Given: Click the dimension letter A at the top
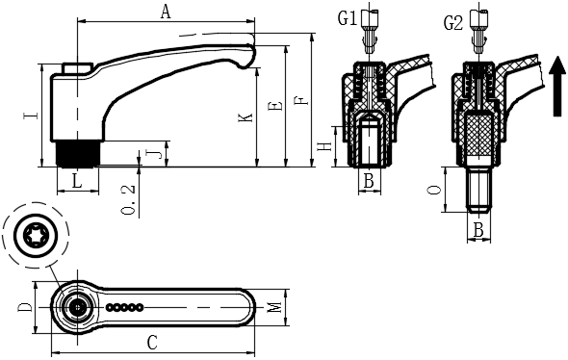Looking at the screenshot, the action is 166,12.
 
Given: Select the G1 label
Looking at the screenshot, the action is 348,18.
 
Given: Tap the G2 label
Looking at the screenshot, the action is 453,23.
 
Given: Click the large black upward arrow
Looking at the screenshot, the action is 557,87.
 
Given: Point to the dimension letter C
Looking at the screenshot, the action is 152,343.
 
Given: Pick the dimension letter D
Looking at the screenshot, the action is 25,307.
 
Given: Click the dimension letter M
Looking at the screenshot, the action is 276,307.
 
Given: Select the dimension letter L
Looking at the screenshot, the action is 77,181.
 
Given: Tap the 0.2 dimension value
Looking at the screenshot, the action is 129,199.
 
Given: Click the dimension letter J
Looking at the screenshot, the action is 153,154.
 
